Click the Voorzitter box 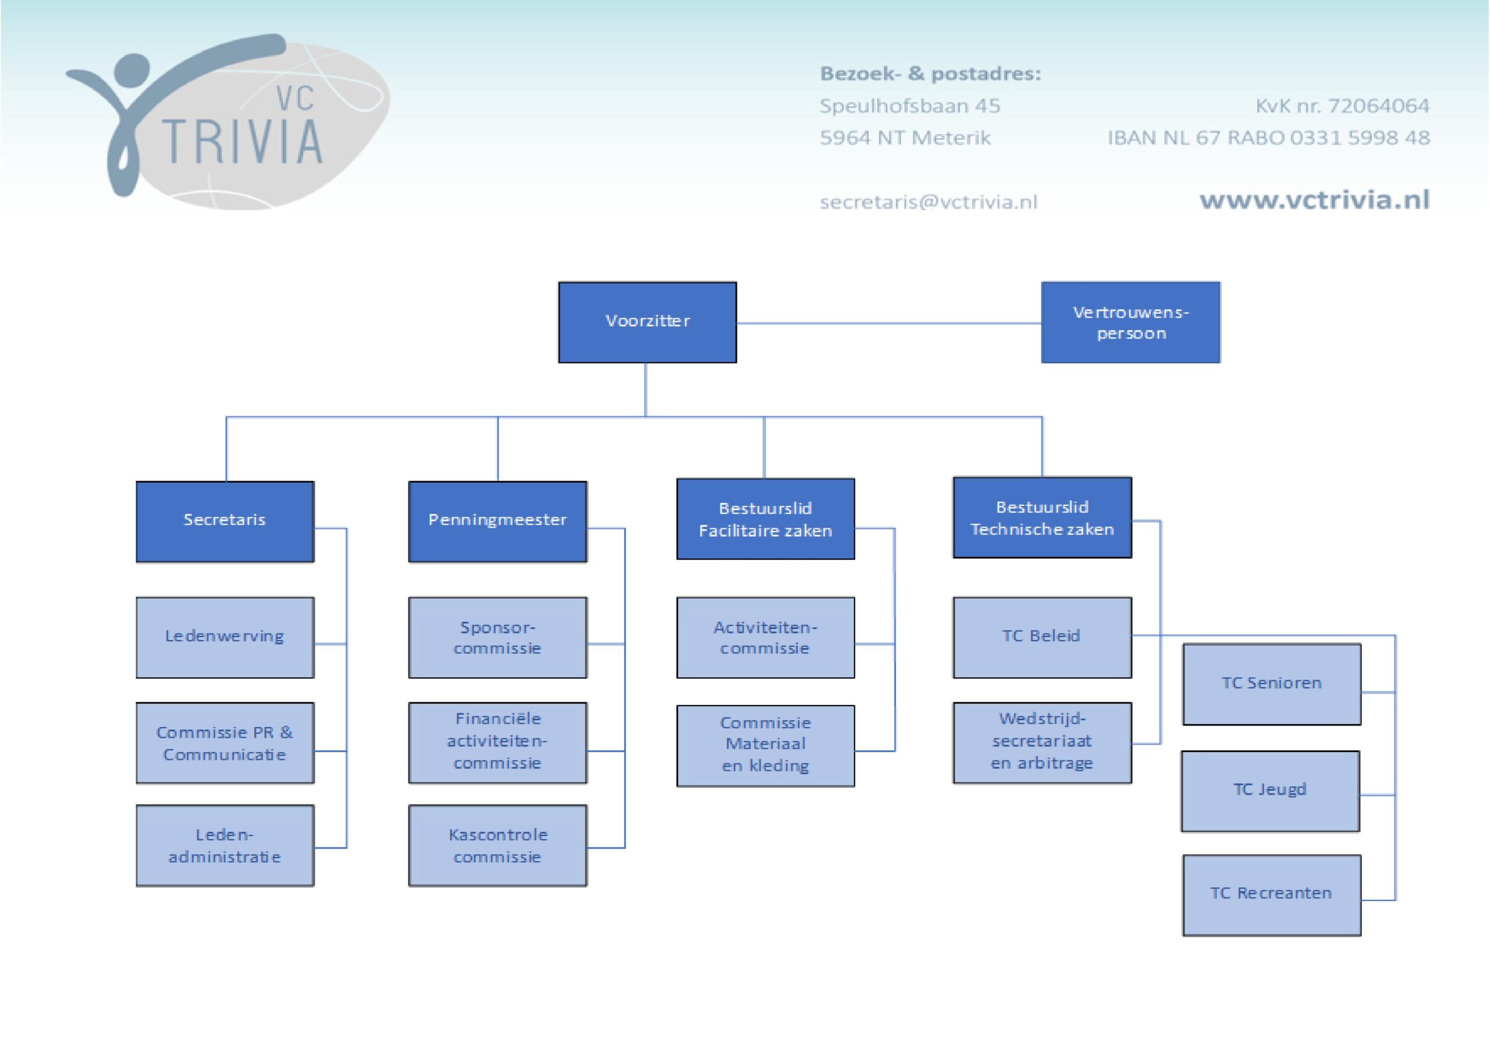click(x=647, y=322)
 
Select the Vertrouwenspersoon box click(x=1130, y=322)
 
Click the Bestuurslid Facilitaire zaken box click(x=765, y=519)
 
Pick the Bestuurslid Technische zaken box click(x=1042, y=518)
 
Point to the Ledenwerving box click(x=225, y=637)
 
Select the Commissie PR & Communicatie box click(x=225, y=743)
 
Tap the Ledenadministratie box click(x=225, y=845)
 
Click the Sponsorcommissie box click(x=497, y=637)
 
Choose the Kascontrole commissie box click(x=497, y=845)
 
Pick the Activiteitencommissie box click(x=765, y=637)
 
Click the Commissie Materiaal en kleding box click(x=765, y=745)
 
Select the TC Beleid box click(x=1042, y=637)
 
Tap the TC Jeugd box click(x=1270, y=791)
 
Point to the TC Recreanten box click(x=1271, y=895)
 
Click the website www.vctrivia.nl click(x=1314, y=200)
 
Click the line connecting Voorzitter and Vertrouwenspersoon click(x=889, y=323)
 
